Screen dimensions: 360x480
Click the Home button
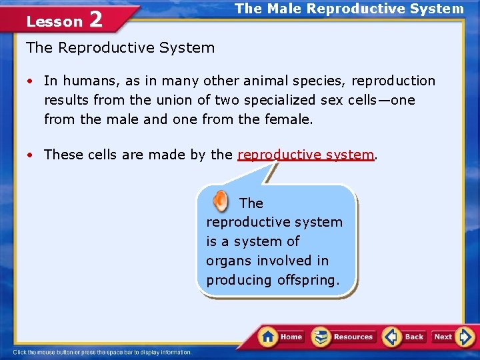point(281,337)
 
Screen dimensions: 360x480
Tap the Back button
point(404,337)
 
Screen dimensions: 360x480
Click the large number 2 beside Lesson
point(95,20)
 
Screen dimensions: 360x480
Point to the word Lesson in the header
point(54,21)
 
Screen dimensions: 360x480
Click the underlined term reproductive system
point(305,155)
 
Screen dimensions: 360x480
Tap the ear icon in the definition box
point(219,201)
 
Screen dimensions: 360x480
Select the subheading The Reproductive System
point(120,48)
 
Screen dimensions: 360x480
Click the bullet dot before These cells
point(31,155)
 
